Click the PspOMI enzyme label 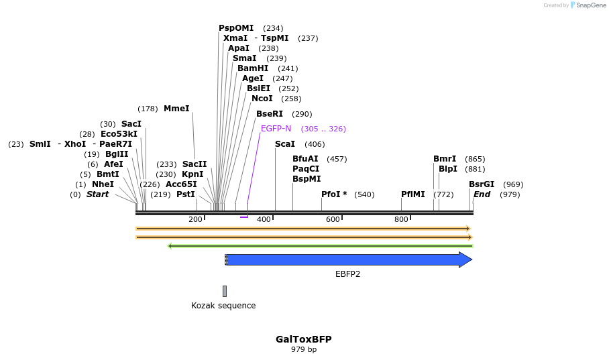(x=236, y=28)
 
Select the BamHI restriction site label (x=253, y=68)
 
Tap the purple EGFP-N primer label (x=276, y=129)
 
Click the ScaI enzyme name (x=285, y=144)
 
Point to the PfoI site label (x=334, y=194)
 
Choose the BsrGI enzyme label (x=482, y=184)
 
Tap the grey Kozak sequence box (x=225, y=291)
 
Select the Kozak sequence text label (x=223, y=306)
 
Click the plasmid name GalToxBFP (x=303, y=339)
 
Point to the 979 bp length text (x=303, y=350)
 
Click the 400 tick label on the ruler (x=264, y=219)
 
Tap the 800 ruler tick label (x=401, y=219)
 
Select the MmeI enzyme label (x=176, y=109)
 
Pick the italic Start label (x=97, y=194)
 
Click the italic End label (x=482, y=194)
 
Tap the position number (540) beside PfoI (x=364, y=194)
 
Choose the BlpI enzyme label (x=448, y=169)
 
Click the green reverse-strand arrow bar (x=320, y=246)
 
